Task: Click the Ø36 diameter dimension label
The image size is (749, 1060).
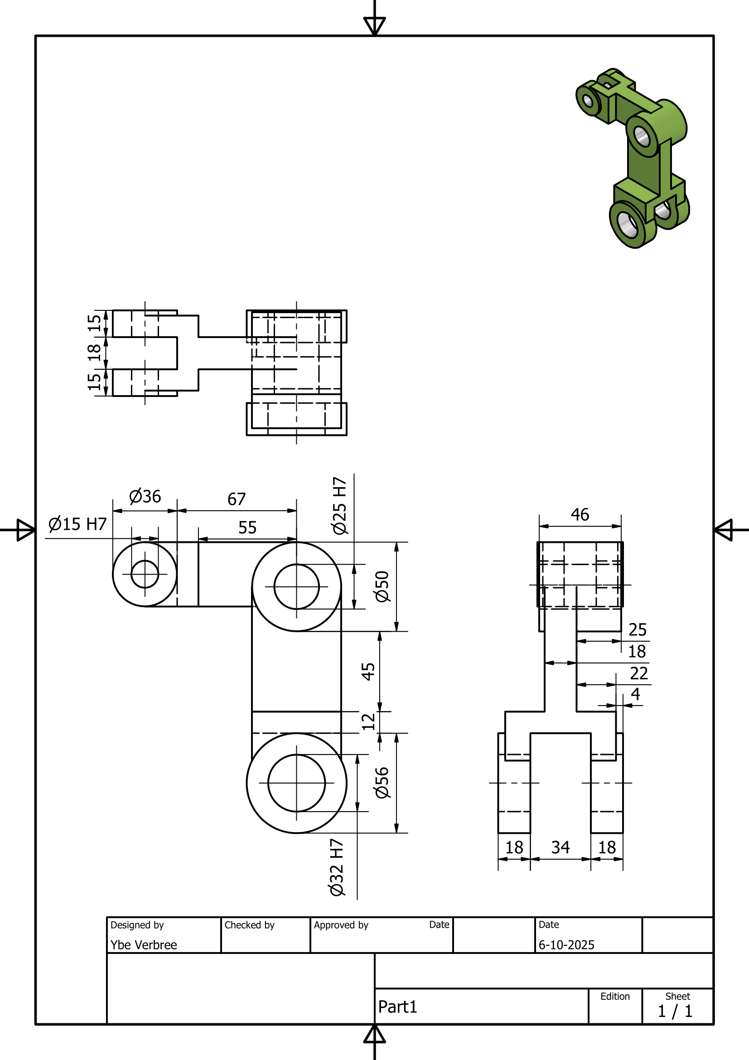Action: click(145, 497)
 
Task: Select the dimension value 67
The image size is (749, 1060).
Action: click(236, 499)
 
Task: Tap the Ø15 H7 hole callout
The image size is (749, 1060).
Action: click(77, 524)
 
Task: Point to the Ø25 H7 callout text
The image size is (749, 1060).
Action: click(340, 506)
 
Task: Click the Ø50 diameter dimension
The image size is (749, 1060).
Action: click(382, 586)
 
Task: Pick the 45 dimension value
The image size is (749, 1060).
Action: click(368, 671)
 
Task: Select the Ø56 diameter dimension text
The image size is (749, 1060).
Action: click(382, 783)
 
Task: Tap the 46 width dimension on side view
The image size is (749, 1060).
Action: click(580, 514)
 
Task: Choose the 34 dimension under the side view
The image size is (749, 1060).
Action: click(560, 847)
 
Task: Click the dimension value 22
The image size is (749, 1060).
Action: click(639, 673)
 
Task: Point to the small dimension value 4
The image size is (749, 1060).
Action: click(635, 694)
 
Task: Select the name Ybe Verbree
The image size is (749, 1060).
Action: click(144, 944)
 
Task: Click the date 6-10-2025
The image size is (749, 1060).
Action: click(566, 944)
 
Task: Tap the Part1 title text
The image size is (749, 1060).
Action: click(397, 1007)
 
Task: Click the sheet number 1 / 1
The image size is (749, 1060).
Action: click(675, 1011)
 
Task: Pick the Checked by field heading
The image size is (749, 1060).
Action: click(249, 925)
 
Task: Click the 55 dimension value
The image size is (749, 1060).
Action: click(247, 527)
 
